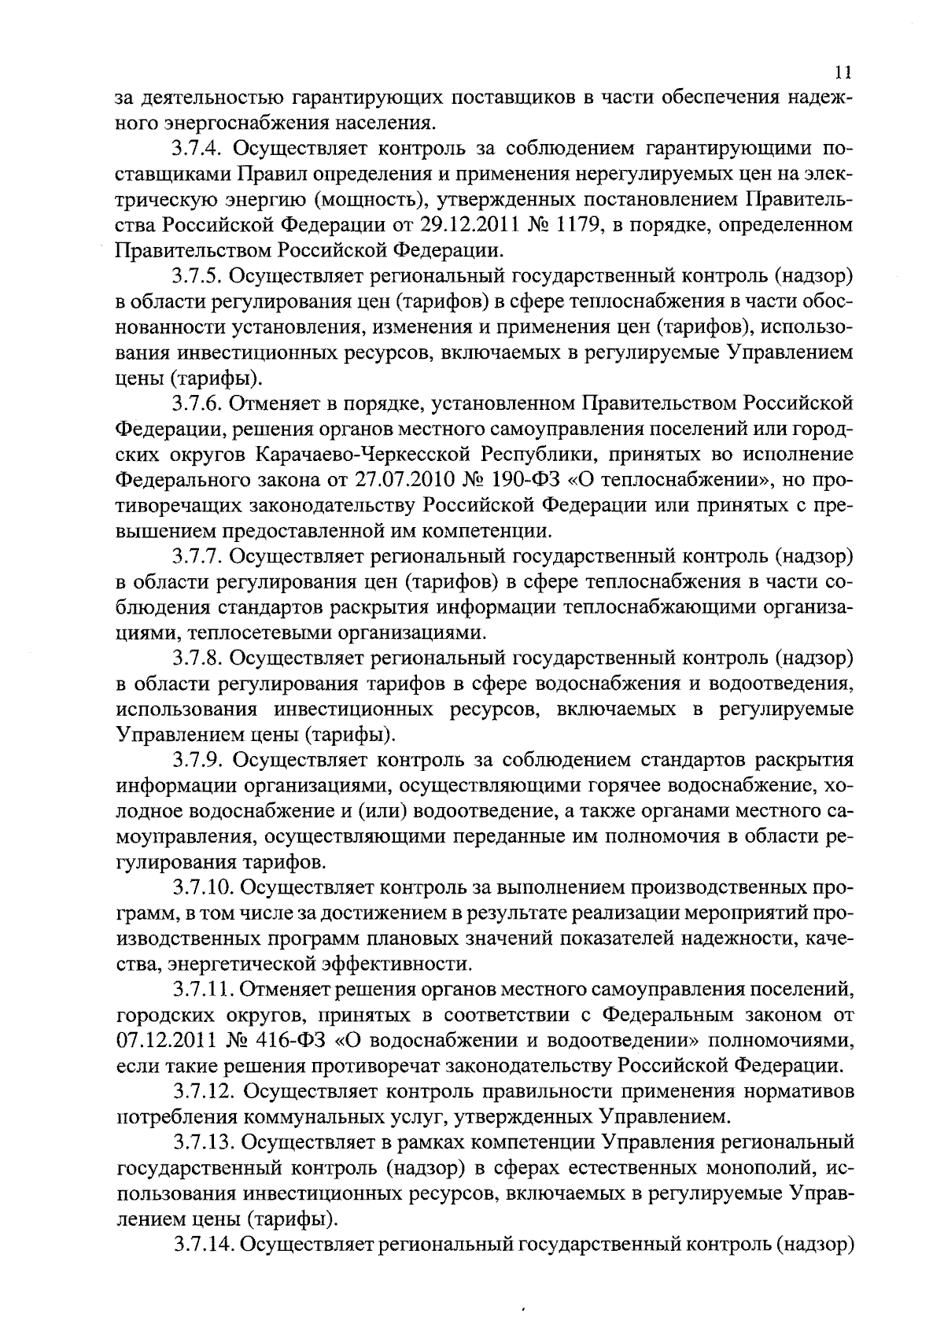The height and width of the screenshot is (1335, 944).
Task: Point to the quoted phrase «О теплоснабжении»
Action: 688,481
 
